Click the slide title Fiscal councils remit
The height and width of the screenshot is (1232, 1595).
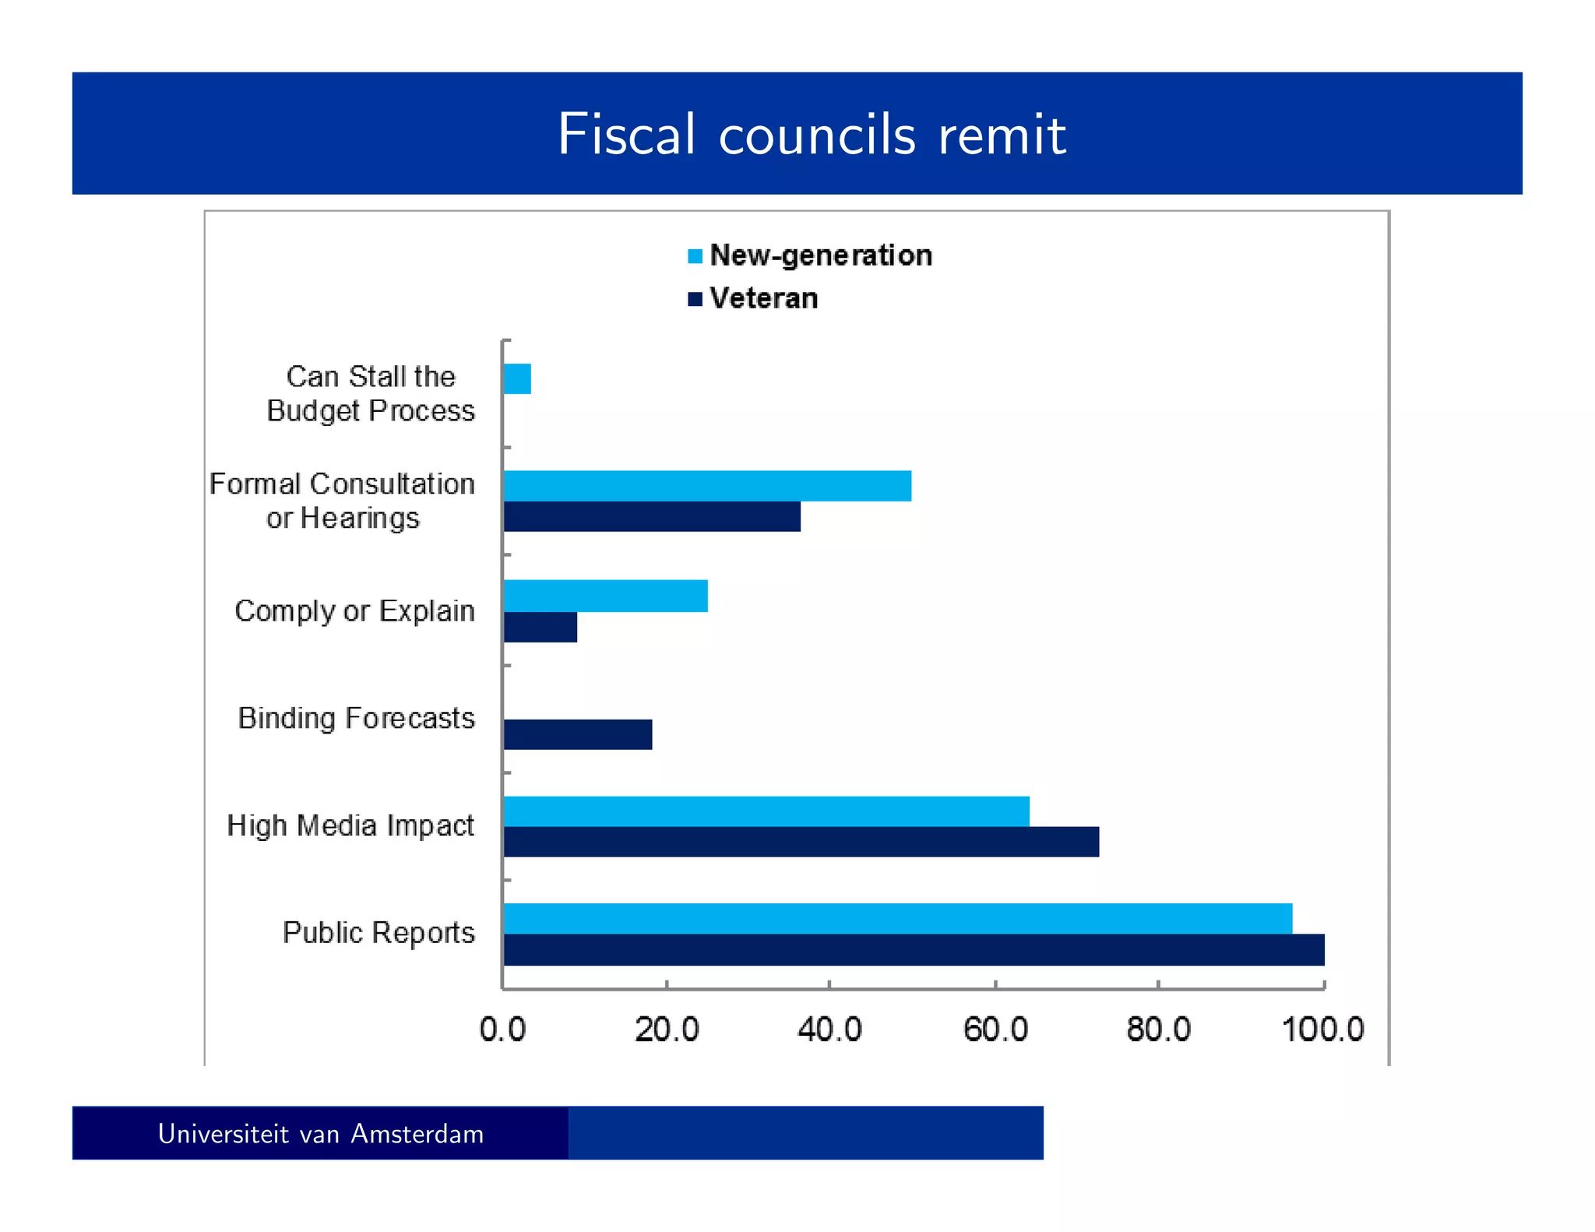tap(811, 135)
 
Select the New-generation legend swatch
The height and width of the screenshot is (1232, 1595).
tap(695, 256)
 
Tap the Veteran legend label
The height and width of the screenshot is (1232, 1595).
tap(763, 299)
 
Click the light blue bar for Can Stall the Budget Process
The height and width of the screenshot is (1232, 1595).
tap(517, 379)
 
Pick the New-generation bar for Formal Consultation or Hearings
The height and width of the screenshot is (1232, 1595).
tap(707, 486)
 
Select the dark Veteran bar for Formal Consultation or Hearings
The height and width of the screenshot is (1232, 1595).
tap(652, 517)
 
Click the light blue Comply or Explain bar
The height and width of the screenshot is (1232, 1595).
tap(606, 597)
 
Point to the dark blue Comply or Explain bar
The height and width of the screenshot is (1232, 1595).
tap(540, 627)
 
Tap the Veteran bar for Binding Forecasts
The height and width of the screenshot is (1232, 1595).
tap(578, 734)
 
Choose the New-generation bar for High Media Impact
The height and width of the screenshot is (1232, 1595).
tap(766, 811)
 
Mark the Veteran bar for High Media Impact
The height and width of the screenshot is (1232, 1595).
tap(801, 842)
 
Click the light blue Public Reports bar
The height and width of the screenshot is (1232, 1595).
tap(898, 919)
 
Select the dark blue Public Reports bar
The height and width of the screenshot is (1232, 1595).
tap(914, 950)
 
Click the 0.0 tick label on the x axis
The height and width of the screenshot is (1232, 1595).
tap(502, 1030)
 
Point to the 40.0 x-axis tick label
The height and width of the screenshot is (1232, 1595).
tap(829, 1030)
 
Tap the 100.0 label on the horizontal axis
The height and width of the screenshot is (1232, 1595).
tap(1322, 1030)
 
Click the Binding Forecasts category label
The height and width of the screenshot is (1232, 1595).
tap(356, 718)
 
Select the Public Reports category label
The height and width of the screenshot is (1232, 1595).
tap(379, 933)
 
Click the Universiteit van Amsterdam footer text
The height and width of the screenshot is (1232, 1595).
tap(320, 1134)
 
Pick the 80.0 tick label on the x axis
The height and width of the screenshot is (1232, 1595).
tap(1158, 1030)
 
